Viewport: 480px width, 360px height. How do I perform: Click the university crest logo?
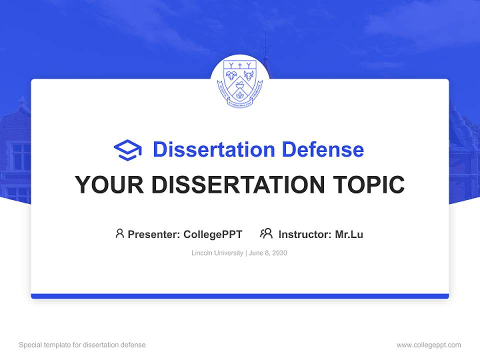[240, 83]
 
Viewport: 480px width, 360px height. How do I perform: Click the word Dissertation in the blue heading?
[214, 149]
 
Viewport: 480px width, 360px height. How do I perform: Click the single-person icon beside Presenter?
[119, 233]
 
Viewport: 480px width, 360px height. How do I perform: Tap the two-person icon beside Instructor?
[266, 233]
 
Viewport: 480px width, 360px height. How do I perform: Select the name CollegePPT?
[213, 234]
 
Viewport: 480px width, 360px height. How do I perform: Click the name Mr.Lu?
[349, 234]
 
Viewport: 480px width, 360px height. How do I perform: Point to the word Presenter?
[154, 234]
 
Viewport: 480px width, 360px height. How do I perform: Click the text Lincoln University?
[217, 253]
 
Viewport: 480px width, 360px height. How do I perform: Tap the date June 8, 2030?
[267, 253]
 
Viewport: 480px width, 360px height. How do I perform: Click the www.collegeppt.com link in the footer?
[428, 345]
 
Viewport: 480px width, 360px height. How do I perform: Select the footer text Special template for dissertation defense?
[82, 345]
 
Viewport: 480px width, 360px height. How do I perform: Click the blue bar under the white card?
[240, 296]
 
